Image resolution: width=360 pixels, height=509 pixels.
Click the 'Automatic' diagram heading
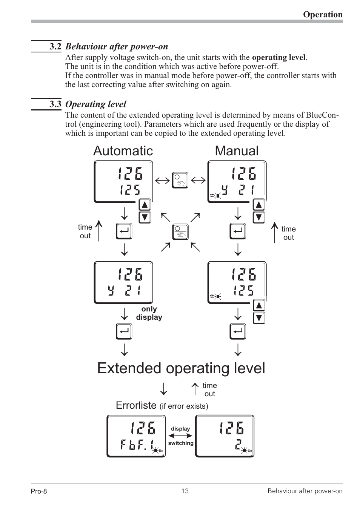point(123,151)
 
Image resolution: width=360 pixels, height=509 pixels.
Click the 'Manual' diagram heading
point(237,151)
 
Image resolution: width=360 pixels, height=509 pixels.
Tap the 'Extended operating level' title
point(181,368)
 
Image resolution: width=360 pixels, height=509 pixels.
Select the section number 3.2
point(55,46)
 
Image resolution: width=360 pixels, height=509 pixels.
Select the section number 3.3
point(55,104)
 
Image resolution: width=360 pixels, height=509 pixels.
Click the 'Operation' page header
point(323,14)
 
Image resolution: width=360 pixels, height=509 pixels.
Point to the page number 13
point(185,491)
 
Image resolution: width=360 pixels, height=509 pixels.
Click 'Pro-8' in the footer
point(39,491)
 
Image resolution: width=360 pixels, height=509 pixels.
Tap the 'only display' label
point(149,313)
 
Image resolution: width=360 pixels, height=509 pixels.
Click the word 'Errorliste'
point(136,405)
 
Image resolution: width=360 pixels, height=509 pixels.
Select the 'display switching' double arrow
point(181,436)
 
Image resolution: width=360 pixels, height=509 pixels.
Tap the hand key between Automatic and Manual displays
point(180,180)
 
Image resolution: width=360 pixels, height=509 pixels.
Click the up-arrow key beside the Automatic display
point(145,205)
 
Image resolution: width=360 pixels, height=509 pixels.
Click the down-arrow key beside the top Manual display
point(258,218)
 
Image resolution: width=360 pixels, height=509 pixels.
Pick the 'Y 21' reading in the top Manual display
point(238,191)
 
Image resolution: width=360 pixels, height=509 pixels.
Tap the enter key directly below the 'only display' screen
point(124,332)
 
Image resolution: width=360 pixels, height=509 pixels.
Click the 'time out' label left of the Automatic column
point(85,232)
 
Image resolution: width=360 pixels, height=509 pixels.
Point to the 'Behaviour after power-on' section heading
point(117,46)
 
